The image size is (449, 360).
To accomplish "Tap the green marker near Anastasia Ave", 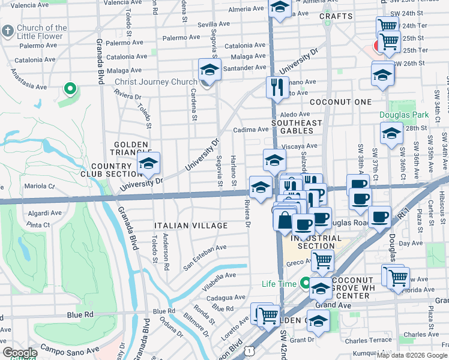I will pos(70,89).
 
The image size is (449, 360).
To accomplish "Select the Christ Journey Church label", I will pos(156,82).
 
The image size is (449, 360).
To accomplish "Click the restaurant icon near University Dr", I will pos(277,87).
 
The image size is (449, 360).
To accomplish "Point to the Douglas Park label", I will pos(404,114).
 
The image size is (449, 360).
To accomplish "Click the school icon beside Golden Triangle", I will pos(148,163).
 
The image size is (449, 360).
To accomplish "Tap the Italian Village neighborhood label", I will pos(191,226).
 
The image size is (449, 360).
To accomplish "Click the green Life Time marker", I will pos(306,283).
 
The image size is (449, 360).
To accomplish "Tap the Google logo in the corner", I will pos(19,353).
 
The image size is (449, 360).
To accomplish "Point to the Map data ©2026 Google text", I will pos(412,355).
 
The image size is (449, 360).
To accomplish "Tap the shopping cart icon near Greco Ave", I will pos(323,260).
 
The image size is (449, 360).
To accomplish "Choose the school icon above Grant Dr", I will pos(318,320).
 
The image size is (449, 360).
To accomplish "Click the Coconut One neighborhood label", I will pos(341,102).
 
